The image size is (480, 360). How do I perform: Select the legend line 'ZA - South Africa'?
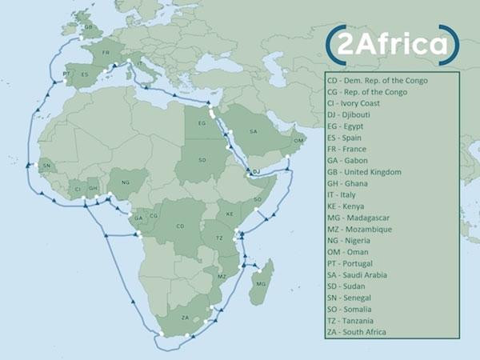pyautogui.click(x=366, y=332)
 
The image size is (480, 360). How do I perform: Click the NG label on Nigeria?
pyautogui.click(x=124, y=182)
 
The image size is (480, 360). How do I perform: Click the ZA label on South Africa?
pyautogui.click(x=186, y=318)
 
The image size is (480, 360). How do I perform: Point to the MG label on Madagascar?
pyautogui.click(x=259, y=283)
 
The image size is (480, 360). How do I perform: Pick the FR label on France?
pyautogui.click(x=105, y=53)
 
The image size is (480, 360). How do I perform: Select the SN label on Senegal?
pyautogui.click(x=46, y=166)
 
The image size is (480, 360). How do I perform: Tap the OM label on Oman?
pyautogui.click(x=298, y=141)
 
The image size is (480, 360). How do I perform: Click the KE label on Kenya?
pyautogui.click(x=230, y=214)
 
